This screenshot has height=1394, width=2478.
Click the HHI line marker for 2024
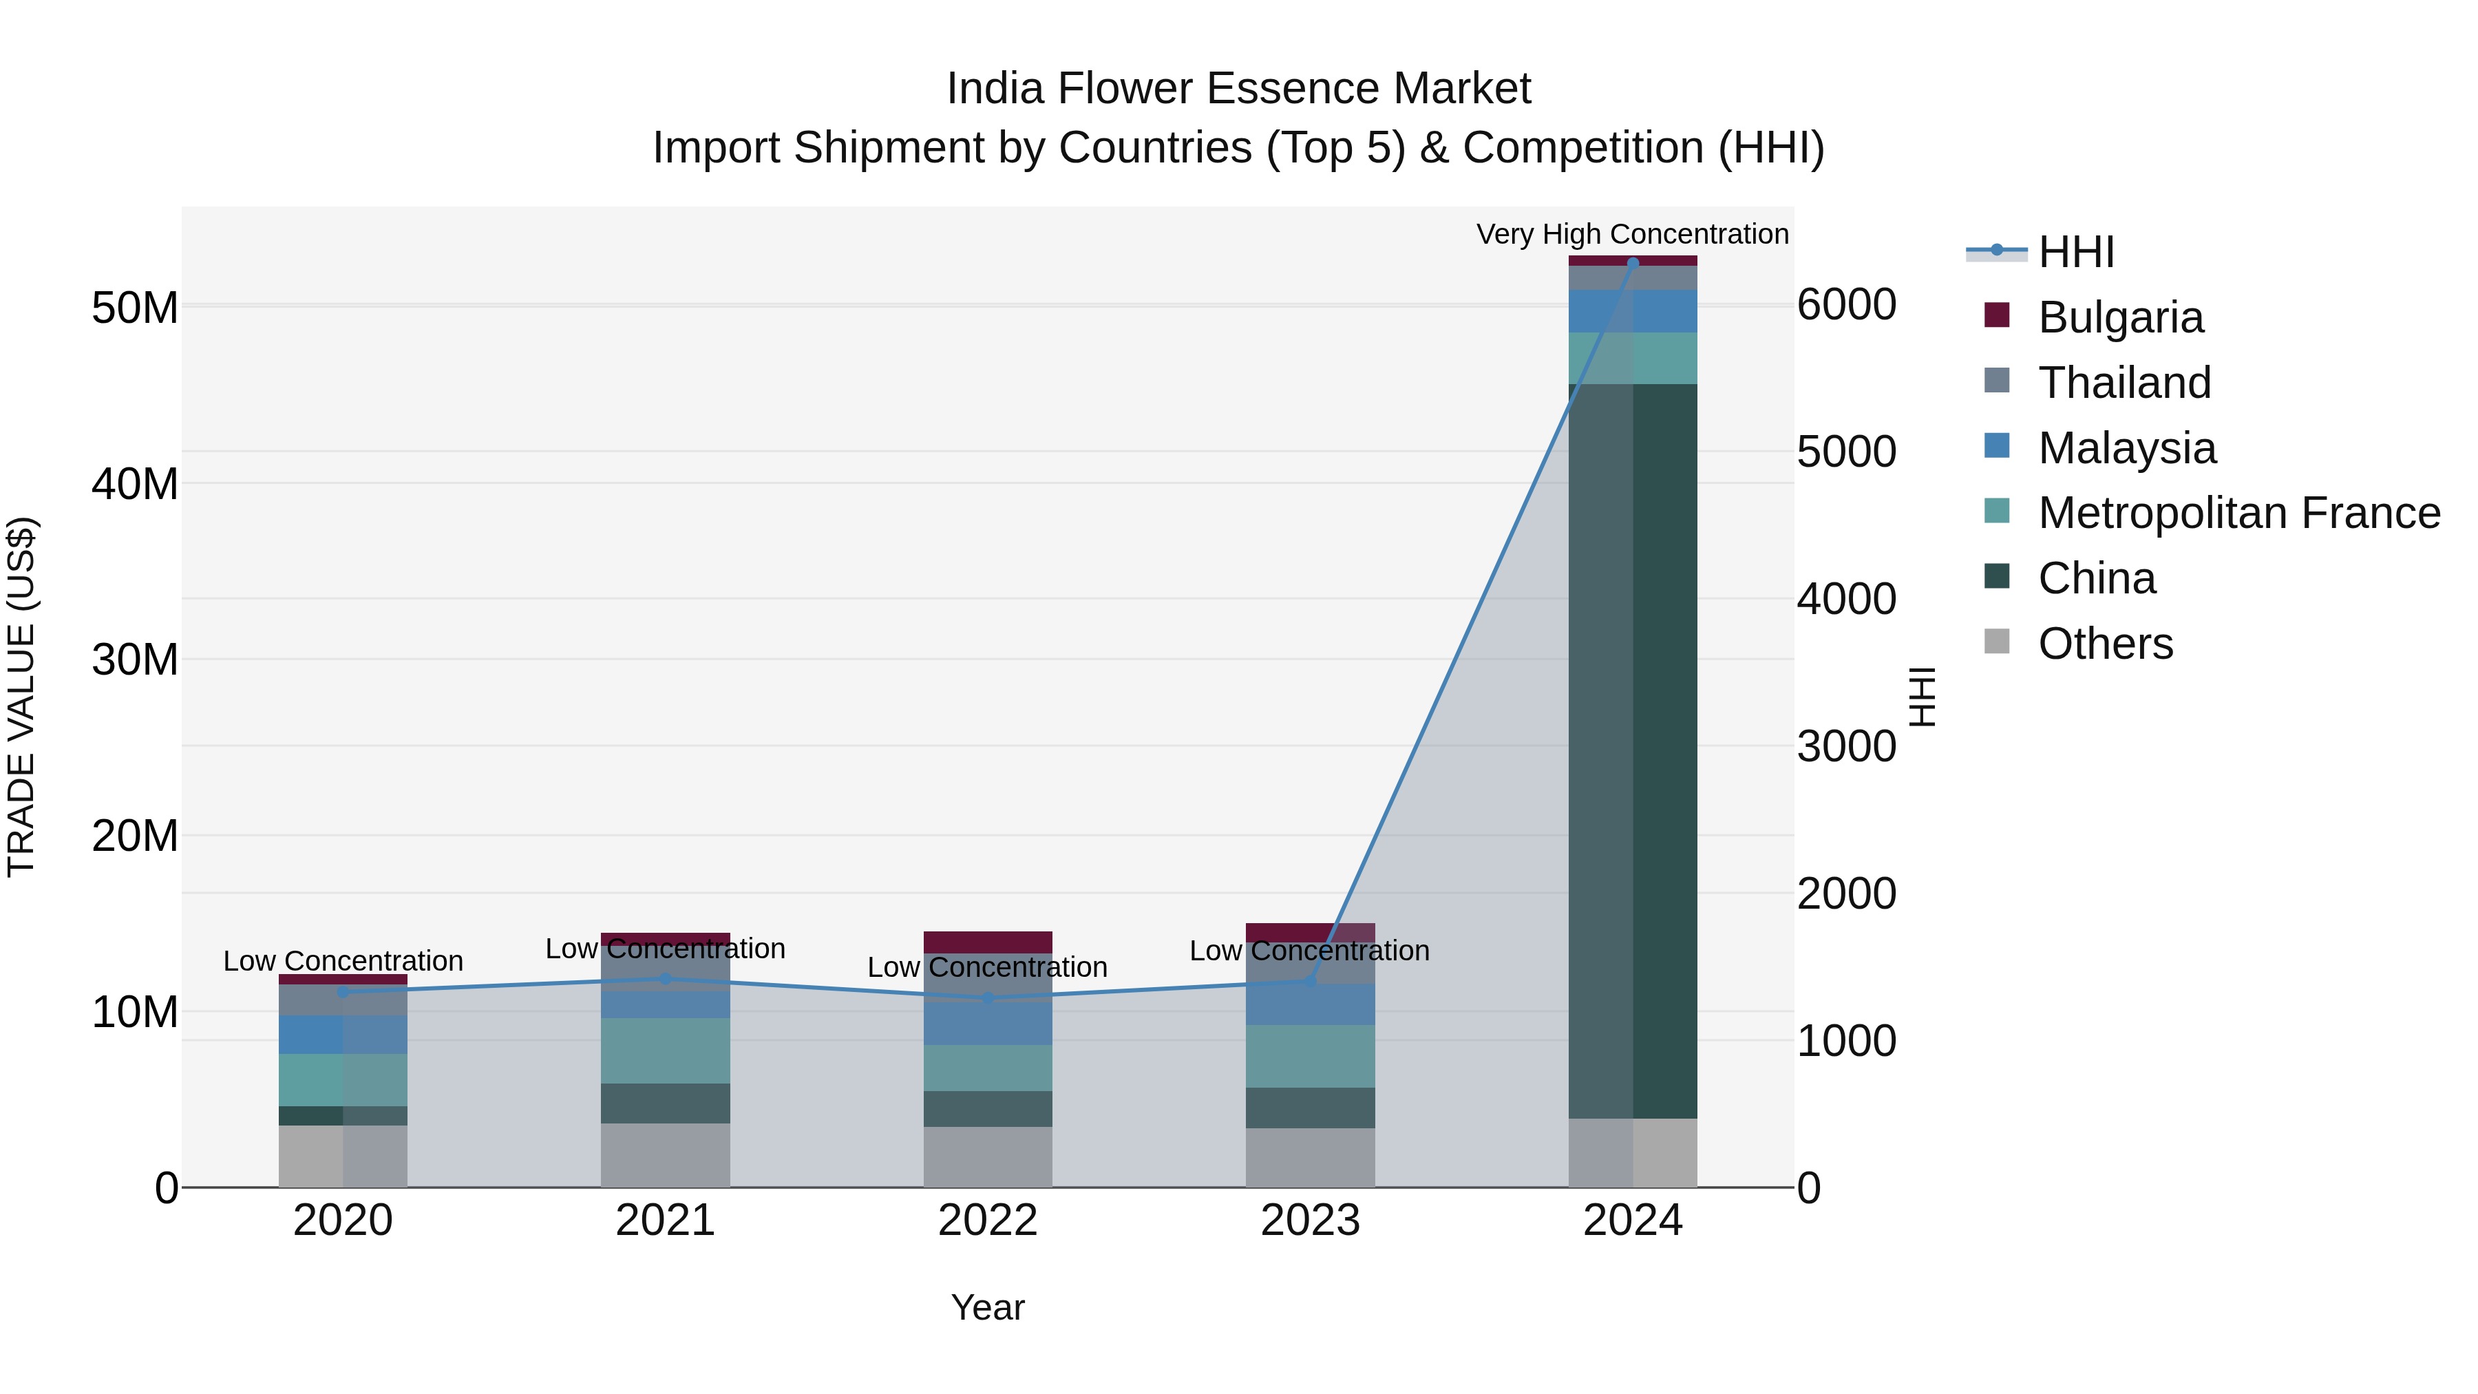coord(1633,263)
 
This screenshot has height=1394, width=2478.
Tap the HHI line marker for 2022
coord(988,999)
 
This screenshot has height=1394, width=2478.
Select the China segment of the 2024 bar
coord(1633,750)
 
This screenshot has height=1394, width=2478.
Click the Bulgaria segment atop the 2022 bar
coord(988,941)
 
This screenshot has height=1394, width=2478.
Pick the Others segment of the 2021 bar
coord(665,1154)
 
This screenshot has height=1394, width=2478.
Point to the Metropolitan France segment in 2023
coord(1310,1055)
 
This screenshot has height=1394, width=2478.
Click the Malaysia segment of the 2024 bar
coord(1633,310)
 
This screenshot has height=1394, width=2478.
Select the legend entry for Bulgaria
coord(2119,317)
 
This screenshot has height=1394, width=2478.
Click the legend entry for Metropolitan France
coord(2238,513)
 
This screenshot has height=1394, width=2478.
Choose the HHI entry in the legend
coord(2075,252)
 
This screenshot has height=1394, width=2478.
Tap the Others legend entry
coord(2105,644)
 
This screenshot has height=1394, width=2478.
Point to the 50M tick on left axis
coord(135,309)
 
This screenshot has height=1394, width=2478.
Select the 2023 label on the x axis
coord(1310,1221)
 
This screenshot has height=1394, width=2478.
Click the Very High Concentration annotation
coord(1633,234)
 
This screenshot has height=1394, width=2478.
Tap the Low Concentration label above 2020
coord(343,961)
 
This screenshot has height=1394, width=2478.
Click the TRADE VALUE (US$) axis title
coord(21,697)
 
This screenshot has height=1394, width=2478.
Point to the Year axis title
coord(988,1307)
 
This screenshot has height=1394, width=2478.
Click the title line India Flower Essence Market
coord(1238,89)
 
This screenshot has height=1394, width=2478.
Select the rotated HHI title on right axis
coord(1922,697)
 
